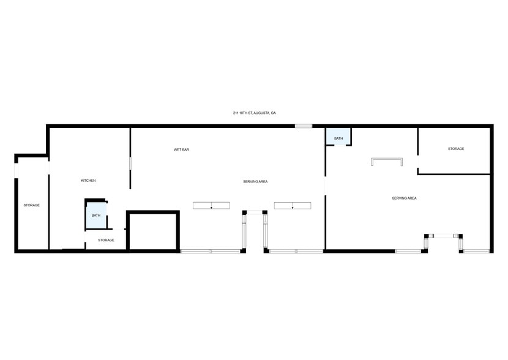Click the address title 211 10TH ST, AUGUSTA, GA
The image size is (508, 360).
pyautogui.click(x=255, y=113)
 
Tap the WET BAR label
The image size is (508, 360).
pyautogui.click(x=181, y=149)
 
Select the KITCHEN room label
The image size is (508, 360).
pyautogui.click(x=88, y=181)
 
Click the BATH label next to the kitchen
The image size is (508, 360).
pyautogui.click(x=96, y=216)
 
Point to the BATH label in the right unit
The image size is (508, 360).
pyautogui.click(x=338, y=139)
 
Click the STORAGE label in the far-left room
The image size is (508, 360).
pyautogui.click(x=32, y=205)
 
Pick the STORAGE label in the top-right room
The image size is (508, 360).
pyautogui.click(x=455, y=149)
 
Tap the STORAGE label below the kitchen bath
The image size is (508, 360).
pyautogui.click(x=106, y=240)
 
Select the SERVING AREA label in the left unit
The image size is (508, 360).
pyautogui.click(x=255, y=181)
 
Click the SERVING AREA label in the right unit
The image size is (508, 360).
pyautogui.click(x=404, y=198)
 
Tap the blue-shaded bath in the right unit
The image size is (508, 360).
pyautogui.click(x=338, y=137)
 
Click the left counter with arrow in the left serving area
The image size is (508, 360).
pyautogui.click(x=211, y=205)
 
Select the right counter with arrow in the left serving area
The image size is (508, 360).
pyautogui.click(x=293, y=205)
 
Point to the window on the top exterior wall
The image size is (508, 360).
pyautogui.click(x=304, y=126)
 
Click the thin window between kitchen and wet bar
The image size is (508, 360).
pyautogui.click(x=130, y=165)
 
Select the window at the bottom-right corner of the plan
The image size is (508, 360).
pyautogui.click(x=476, y=251)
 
